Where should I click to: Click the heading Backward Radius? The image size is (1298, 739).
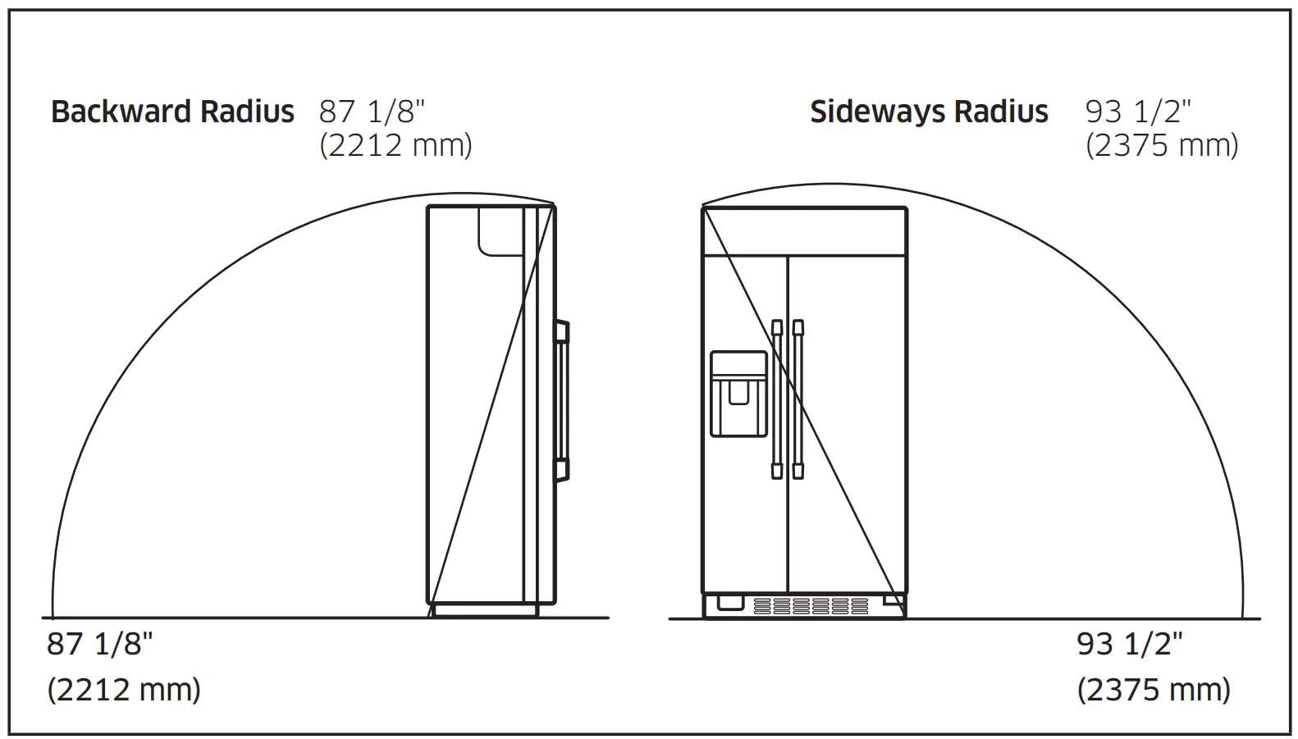coord(172,112)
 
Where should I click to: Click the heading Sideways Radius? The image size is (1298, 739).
coord(929,112)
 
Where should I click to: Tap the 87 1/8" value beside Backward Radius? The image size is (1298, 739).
coord(372,112)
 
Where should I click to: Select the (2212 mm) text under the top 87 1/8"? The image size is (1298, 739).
coord(395,145)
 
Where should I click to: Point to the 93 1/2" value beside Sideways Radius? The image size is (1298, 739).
coord(1138,112)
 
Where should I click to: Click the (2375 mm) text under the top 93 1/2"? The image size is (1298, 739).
coord(1162,145)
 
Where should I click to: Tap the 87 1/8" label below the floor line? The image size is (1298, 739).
coord(100,644)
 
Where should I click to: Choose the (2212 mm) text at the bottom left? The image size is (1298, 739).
coord(124,689)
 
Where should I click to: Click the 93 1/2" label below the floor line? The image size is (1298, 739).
coord(1130,644)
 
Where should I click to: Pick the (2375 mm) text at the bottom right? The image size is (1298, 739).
coord(1154,689)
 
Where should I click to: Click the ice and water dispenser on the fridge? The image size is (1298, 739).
coord(738,394)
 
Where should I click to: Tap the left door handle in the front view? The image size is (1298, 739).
coord(777,399)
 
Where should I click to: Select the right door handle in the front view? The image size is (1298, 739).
coord(798,399)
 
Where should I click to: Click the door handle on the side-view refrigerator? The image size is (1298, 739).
coord(562,400)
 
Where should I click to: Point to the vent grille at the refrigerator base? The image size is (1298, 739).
coord(811,606)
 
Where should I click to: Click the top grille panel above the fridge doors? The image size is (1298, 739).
coord(804,232)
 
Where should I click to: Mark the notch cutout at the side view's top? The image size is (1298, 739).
coord(500,230)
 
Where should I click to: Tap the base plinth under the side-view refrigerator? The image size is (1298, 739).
coord(485,610)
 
